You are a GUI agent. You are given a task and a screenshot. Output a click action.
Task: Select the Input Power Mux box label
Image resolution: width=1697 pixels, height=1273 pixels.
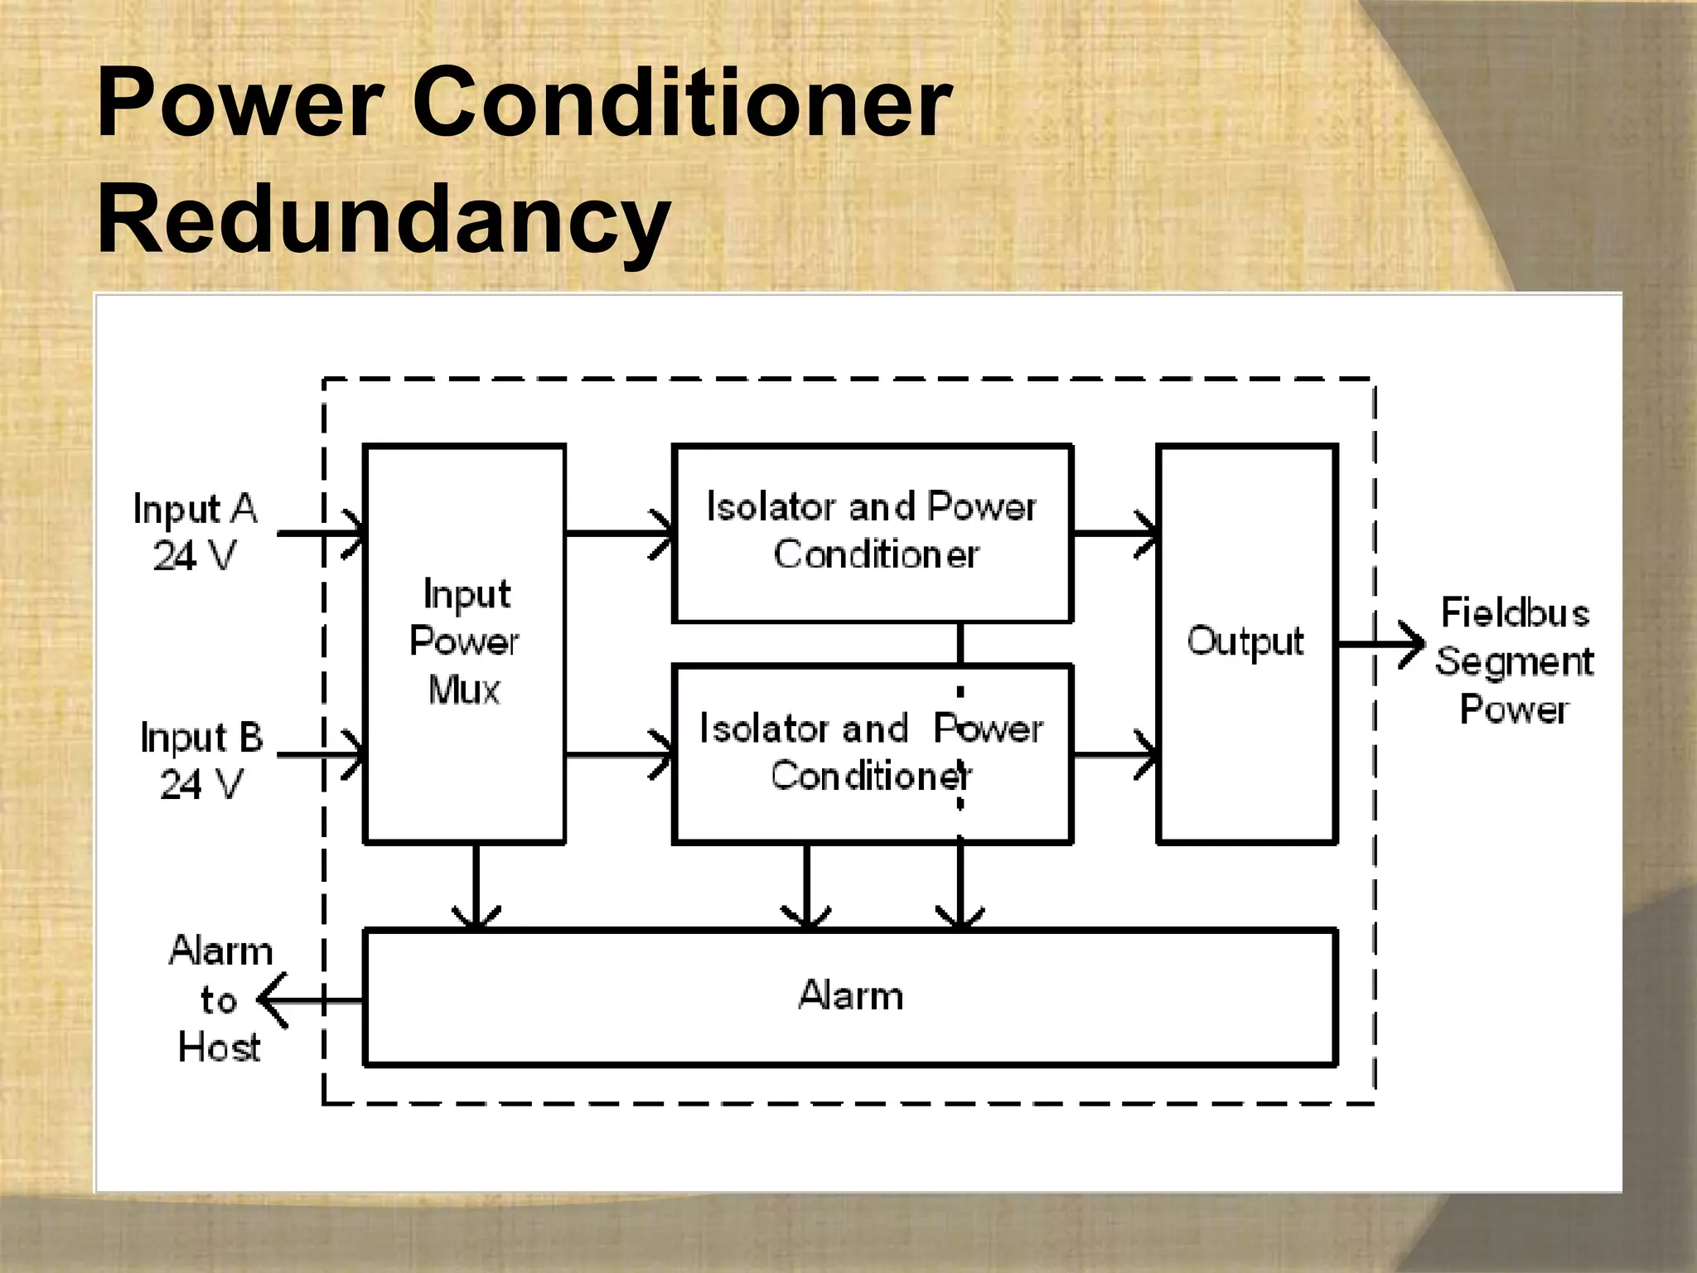[x=465, y=641]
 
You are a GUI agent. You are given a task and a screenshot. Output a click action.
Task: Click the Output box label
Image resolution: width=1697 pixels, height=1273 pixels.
[x=1245, y=641]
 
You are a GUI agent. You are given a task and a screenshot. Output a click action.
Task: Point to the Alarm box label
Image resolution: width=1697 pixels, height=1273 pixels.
[x=850, y=995]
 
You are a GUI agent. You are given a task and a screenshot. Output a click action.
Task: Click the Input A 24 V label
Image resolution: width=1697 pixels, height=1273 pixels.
[x=196, y=531]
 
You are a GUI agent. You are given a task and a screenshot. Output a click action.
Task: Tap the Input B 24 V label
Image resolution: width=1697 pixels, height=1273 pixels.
[x=201, y=760]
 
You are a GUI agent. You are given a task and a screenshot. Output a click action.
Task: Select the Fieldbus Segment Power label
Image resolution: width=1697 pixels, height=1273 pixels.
[x=1514, y=661]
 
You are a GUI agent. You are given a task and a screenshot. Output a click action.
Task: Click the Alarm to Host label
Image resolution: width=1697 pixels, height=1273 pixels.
[x=220, y=999]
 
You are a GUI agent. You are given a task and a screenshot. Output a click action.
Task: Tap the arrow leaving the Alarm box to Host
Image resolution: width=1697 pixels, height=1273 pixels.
[x=311, y=1000]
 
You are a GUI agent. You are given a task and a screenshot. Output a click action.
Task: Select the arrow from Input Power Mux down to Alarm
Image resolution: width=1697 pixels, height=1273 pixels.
[x=476, y=887]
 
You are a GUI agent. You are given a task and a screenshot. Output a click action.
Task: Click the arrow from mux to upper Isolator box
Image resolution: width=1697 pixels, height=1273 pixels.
[x=620, y=533]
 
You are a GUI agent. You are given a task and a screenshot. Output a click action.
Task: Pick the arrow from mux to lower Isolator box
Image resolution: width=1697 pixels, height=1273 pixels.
[x=620, y=754]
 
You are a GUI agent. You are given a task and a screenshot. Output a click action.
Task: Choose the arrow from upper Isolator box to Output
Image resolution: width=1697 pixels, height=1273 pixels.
[x=1115, y=533]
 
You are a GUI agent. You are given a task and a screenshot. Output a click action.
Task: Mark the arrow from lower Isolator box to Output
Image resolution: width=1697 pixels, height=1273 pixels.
[x=1115, y=754]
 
